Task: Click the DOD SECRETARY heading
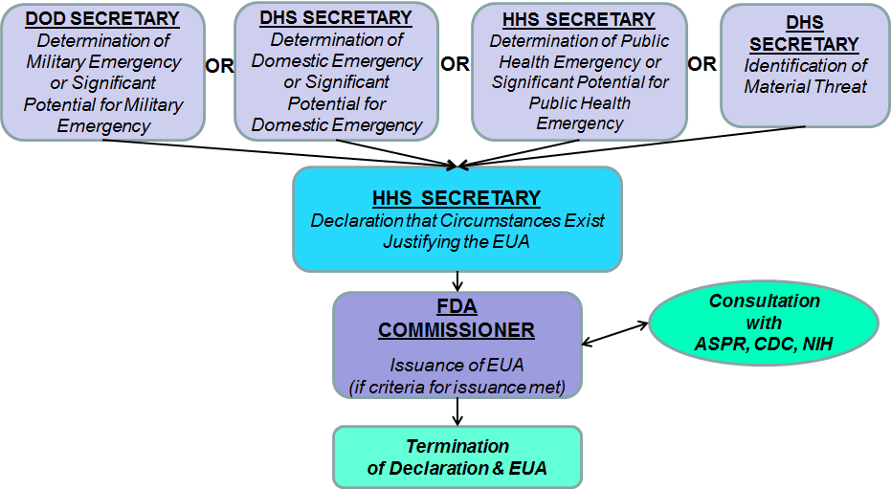(102, 19)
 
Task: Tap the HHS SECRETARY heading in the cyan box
(457, 198)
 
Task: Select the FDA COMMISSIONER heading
(457, 320)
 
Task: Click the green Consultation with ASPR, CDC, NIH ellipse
(764, 322)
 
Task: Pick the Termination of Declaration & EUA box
(457, 457)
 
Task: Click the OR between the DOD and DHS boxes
(220, 67)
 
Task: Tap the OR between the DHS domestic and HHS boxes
(455, 64)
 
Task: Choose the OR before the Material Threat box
(702, 64)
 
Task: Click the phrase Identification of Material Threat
(804, 77)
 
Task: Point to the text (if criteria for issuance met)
(457, 387)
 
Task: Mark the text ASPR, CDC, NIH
(764, 344)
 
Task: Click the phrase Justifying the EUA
(457, 241)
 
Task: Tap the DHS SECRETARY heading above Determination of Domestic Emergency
(336, 18)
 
